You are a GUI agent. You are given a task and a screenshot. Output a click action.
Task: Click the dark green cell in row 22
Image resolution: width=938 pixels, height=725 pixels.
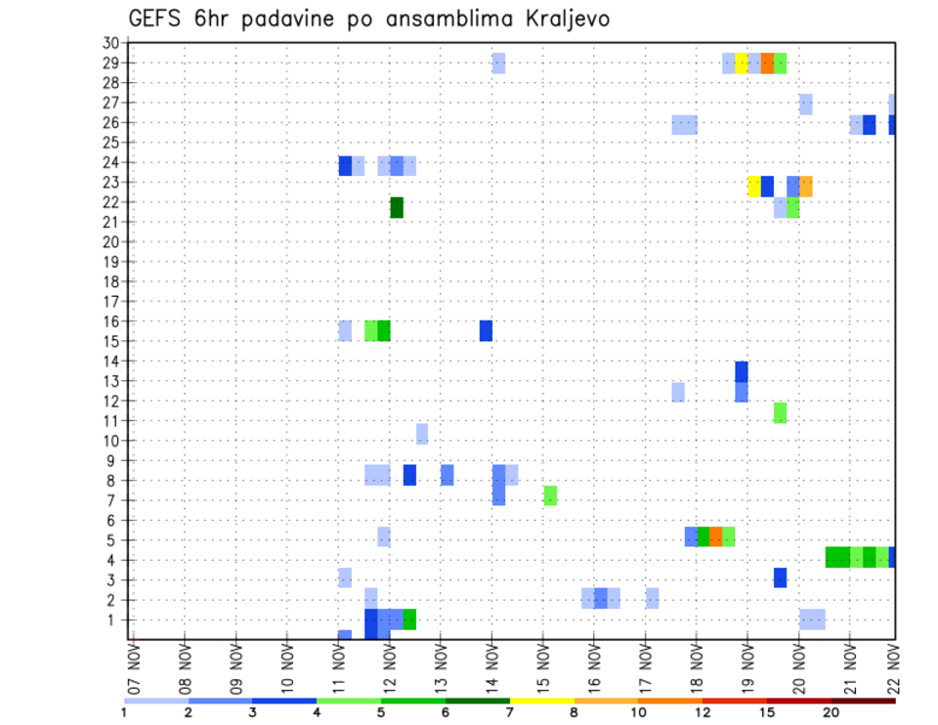(x=397, y=207)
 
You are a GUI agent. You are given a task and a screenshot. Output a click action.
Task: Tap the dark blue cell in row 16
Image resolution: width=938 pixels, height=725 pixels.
(x=486, y=330)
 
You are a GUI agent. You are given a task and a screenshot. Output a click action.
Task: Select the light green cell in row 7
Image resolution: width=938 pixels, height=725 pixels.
(x=550, y=495)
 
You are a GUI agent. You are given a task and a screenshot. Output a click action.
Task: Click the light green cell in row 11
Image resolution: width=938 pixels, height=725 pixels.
(x=780, y=412)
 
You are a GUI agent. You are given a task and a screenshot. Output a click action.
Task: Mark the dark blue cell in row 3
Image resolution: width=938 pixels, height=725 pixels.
(x=780, y=577)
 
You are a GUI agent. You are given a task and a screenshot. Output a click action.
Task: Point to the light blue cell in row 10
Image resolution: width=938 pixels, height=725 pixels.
(x=422, y=433)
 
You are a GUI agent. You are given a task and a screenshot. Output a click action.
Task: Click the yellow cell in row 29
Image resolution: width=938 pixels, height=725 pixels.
(x=741, y=64)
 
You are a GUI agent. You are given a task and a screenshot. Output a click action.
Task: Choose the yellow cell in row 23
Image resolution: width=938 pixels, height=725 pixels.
(x=753, y=186)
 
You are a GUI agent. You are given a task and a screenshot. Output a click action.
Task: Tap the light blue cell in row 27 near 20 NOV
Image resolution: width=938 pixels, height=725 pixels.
(x=805, y=104)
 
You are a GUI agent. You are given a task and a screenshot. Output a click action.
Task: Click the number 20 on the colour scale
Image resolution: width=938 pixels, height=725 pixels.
(x=831, y=712)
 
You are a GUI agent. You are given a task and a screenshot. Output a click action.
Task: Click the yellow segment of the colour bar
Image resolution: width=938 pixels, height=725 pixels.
(x=542, y=701)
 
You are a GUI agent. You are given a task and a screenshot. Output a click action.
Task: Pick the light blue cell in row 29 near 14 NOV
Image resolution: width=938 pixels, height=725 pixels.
(x=498, y=64)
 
